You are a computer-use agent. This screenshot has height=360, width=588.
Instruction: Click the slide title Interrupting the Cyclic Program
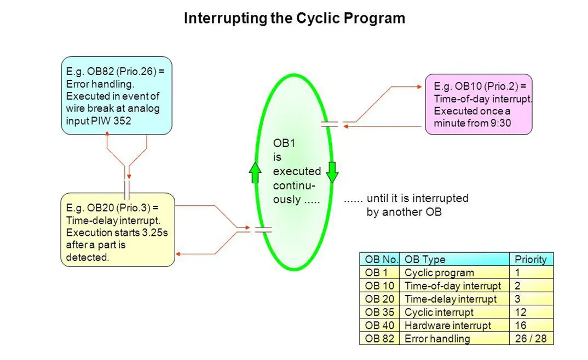295,18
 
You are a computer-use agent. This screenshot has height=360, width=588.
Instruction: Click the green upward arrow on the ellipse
255,173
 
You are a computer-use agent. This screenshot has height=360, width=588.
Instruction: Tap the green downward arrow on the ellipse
332,172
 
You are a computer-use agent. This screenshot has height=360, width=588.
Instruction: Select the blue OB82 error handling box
117,96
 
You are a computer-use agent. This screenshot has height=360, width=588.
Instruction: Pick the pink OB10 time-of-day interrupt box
479,104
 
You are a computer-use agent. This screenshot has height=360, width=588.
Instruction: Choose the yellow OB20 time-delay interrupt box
118,230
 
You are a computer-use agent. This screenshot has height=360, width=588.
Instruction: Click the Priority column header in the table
531,259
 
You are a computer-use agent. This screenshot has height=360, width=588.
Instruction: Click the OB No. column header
380,259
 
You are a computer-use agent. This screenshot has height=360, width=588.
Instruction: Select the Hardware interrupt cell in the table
454,325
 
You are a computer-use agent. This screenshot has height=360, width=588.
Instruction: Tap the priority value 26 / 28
531,338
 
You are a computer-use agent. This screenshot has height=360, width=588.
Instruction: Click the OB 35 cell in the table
379,312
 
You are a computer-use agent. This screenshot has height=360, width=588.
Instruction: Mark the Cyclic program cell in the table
454,272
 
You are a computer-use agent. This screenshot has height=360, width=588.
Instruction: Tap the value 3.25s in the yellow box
154,233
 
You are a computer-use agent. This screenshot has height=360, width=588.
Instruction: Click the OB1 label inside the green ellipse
284,143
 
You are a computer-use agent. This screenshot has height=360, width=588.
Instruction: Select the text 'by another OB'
404,212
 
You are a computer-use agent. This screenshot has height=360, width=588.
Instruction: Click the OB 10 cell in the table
379,286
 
